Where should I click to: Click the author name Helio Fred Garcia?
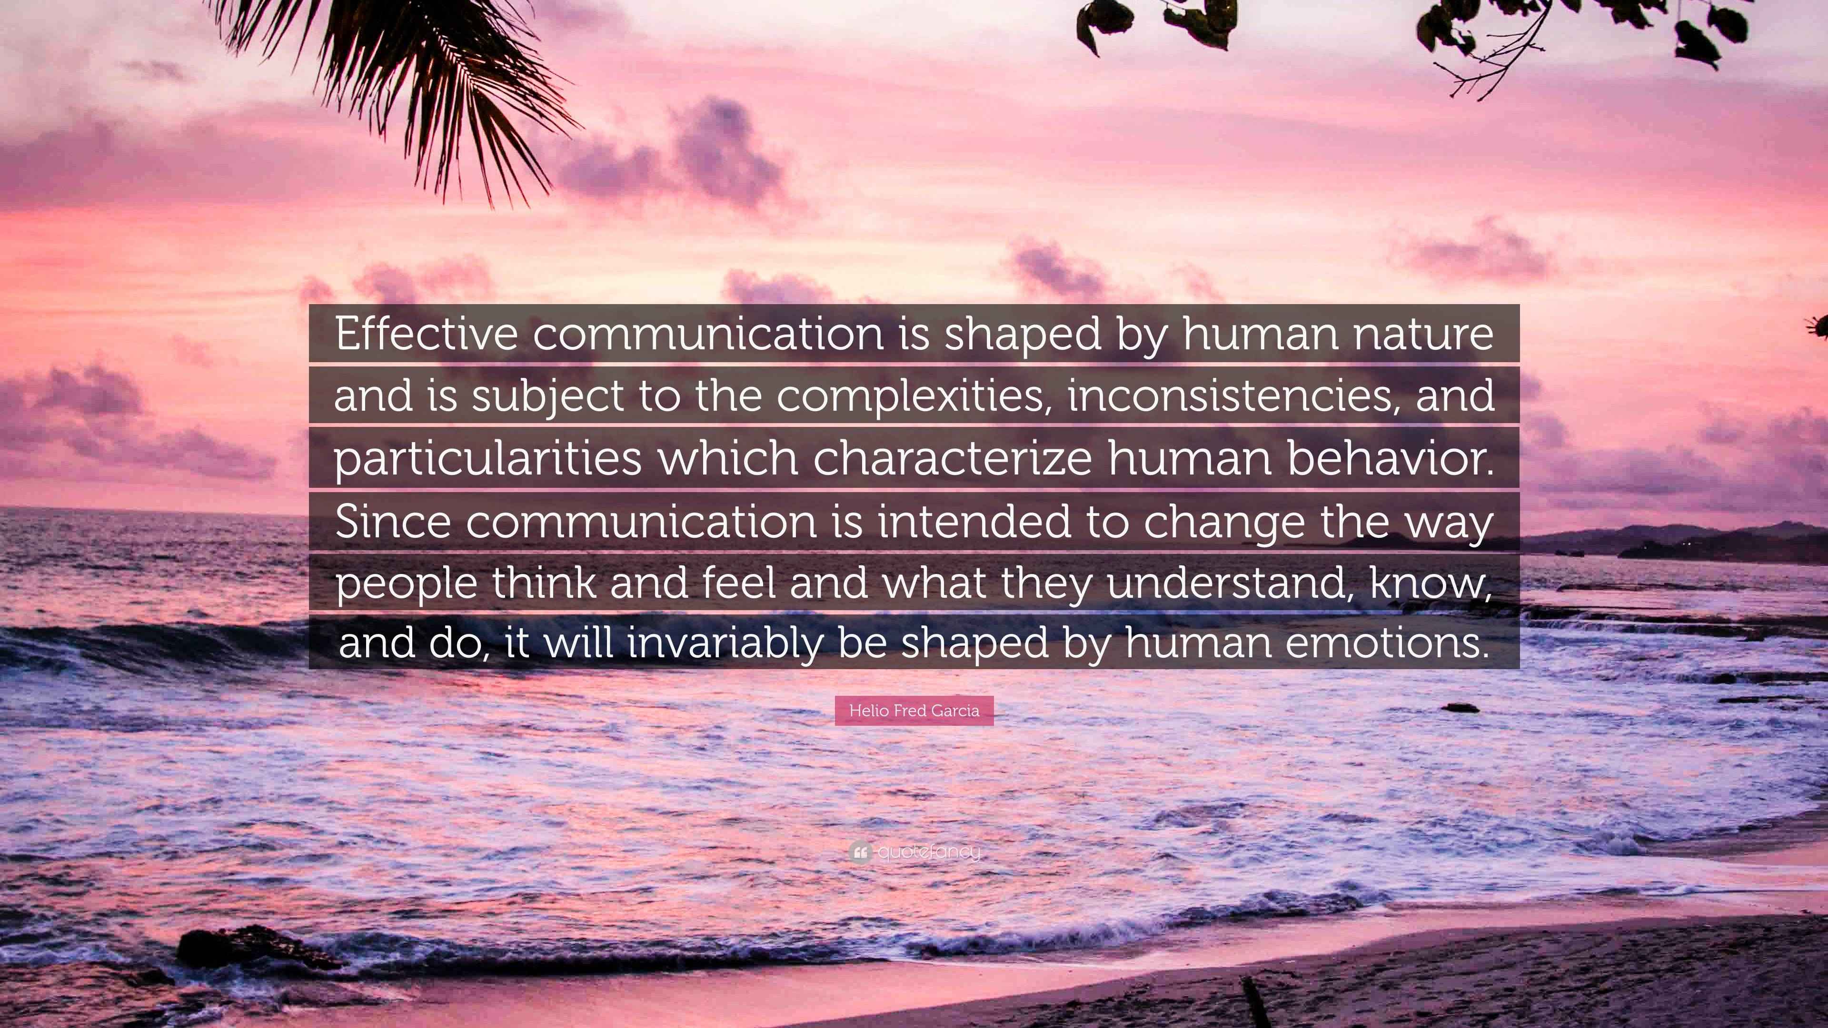(x=914, y=710)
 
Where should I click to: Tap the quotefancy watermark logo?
(x=914, y=851)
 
